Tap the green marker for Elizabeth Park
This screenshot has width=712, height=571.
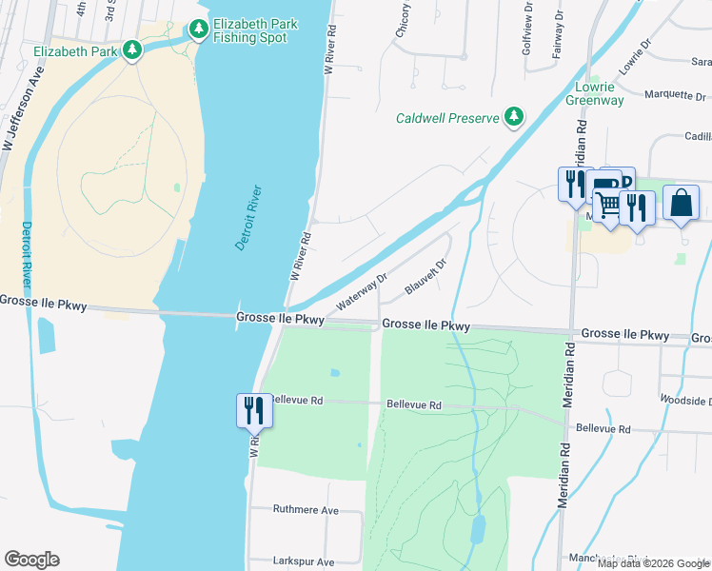pos(131,50)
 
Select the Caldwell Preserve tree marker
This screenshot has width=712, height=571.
pos(514,117)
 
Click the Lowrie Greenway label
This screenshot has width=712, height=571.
pos(596,92)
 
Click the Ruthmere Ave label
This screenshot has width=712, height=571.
pos(306,510)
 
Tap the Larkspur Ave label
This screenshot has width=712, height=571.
pos(304,562)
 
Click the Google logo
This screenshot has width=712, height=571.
pos(31,560)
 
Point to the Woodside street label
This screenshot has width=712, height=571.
pos(685,402)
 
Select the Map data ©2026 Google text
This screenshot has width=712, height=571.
pos(653,562)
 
